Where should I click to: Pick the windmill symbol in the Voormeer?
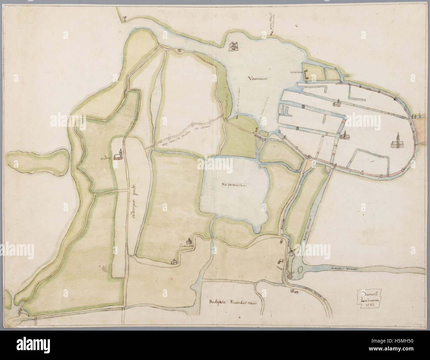click(234, 46)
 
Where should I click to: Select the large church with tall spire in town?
click(397, 141)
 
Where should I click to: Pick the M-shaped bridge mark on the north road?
click(180, 51)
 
